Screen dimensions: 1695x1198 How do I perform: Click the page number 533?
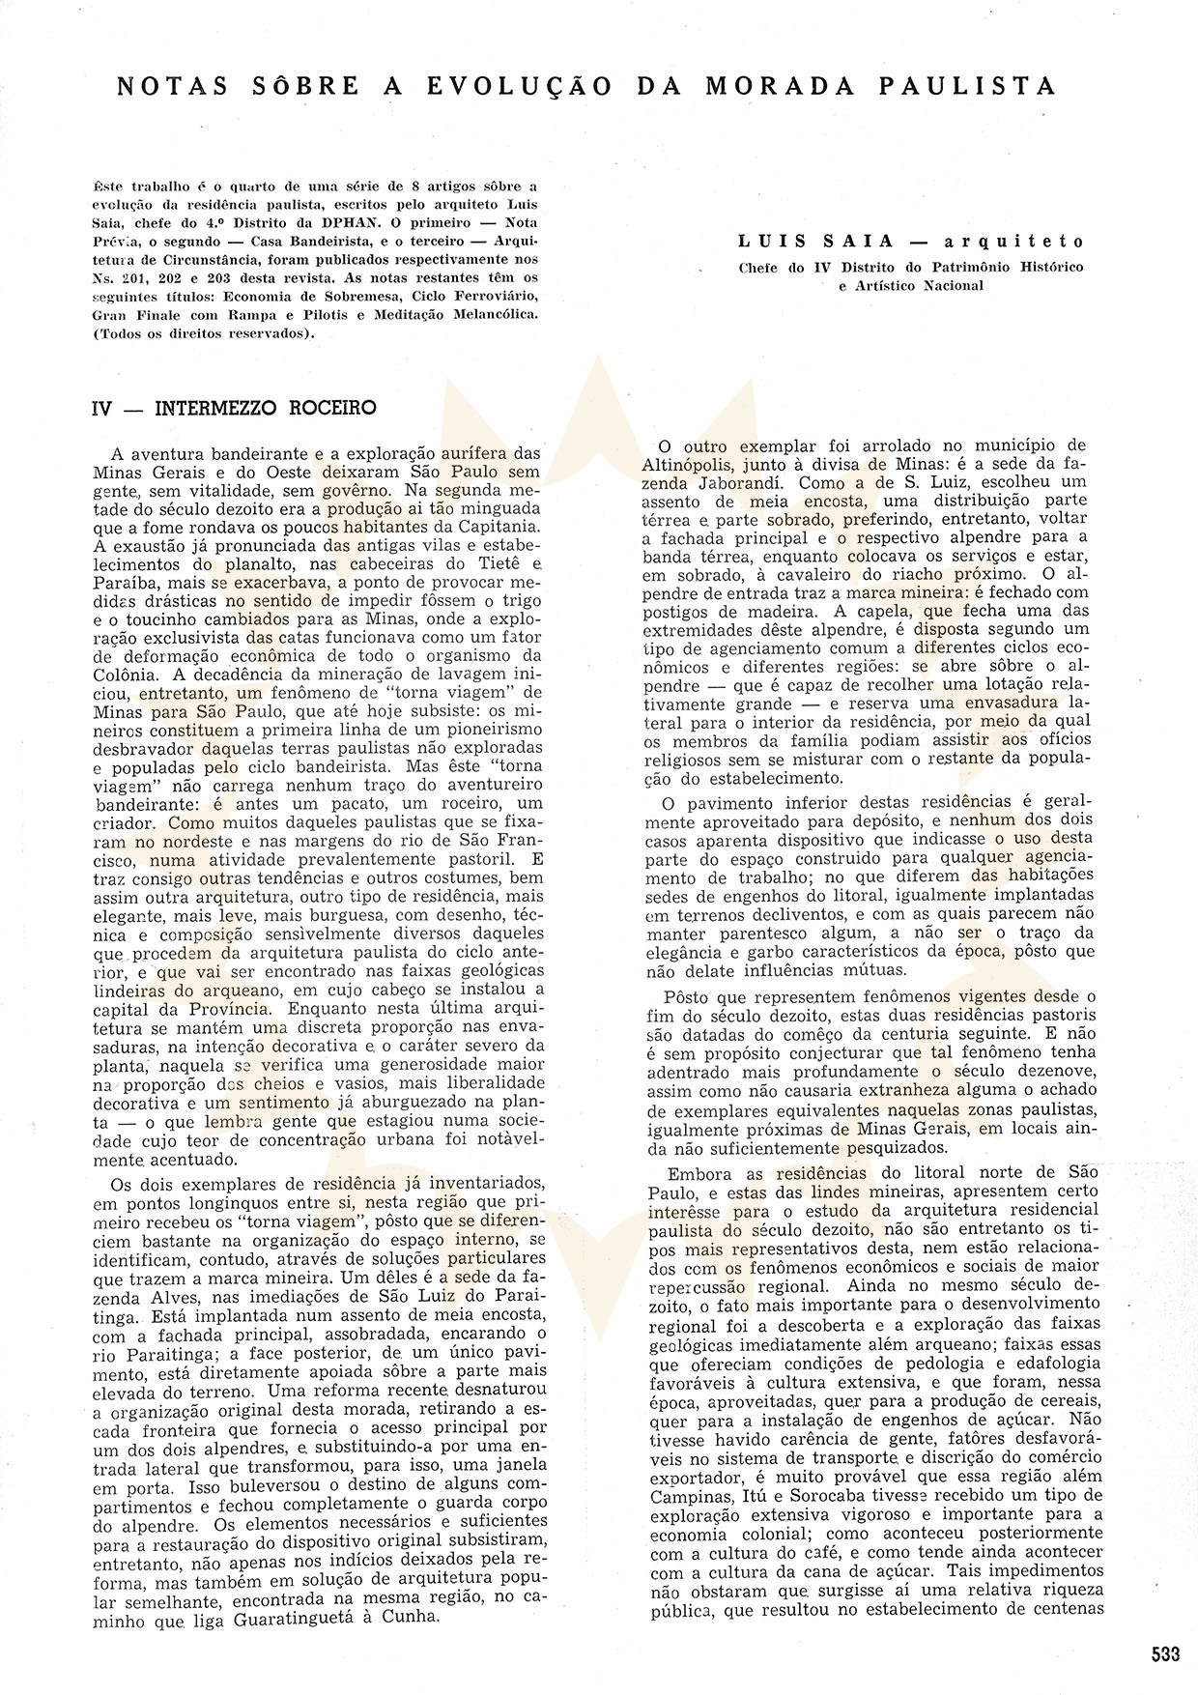click(x=1165, y=1653)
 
